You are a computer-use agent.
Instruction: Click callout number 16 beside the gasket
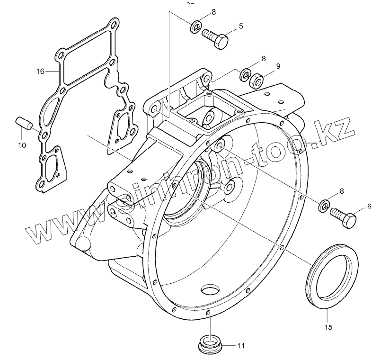pos(40,72)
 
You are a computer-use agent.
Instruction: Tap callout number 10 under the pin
pos(22,145)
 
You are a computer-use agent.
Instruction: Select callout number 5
pos(241,26)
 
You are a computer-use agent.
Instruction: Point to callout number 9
pos(278,66)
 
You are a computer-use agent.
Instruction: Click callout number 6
pos(369,206)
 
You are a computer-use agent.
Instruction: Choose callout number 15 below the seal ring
pos(328,326)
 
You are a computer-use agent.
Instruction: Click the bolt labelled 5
pos(215,37)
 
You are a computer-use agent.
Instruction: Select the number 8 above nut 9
pos(264,59)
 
